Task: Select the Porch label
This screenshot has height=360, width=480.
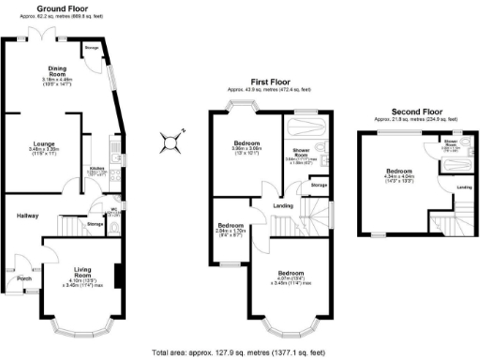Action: pyautogui.click(x=25, y=277)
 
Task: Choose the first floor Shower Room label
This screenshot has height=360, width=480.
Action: pyautogui.click(x=303, y=151)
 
